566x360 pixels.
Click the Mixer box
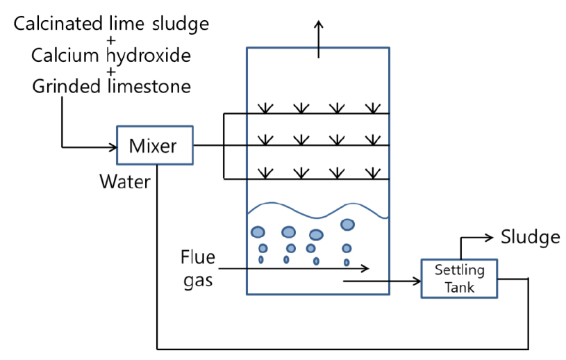154,146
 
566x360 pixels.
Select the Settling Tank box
459,279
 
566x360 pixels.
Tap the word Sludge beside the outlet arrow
530,237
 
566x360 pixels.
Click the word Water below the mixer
125,182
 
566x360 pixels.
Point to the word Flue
198,259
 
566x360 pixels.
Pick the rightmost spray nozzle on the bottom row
374,172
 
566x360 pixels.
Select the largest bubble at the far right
347,224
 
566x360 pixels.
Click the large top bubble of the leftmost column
258,231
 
